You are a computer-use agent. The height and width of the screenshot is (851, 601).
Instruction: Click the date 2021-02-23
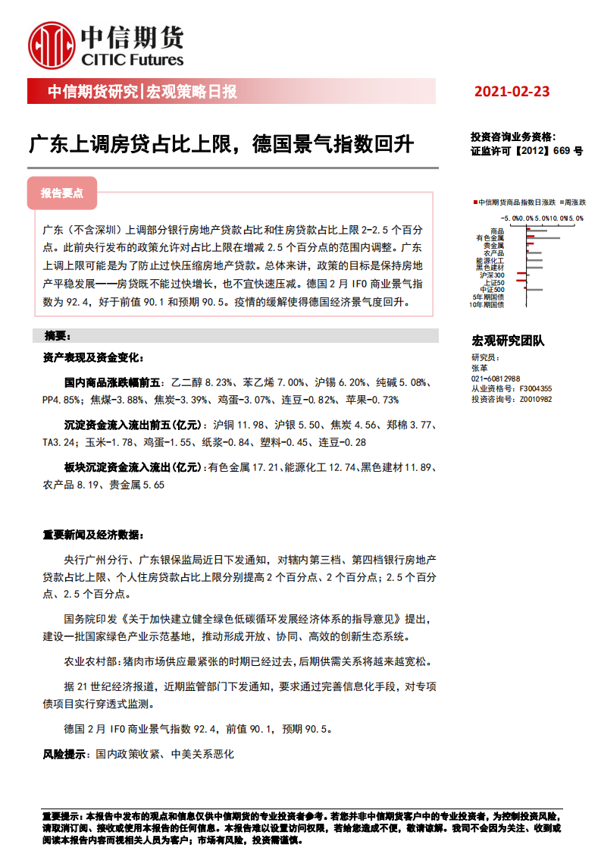tap(512, 92)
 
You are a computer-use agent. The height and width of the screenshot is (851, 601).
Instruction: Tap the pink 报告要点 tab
tap(62, 193)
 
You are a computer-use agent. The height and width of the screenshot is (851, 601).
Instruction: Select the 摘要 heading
tap(58, 335)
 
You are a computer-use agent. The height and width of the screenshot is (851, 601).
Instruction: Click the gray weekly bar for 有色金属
tap(543, 238)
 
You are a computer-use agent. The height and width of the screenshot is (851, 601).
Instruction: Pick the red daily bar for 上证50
tap(521, 281)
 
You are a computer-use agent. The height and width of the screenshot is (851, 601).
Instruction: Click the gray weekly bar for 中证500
tap(534, 290)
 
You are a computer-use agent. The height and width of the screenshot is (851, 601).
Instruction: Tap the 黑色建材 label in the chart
tap(490, 267)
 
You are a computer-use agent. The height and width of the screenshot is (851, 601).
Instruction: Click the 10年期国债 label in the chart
tap(487, 304)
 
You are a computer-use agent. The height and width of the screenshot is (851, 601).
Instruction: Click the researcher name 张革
tap(478, 367)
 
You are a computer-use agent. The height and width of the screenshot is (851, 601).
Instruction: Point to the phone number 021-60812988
tap(496, 378)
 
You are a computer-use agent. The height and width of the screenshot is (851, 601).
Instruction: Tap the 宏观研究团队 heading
tap(507, 341)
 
